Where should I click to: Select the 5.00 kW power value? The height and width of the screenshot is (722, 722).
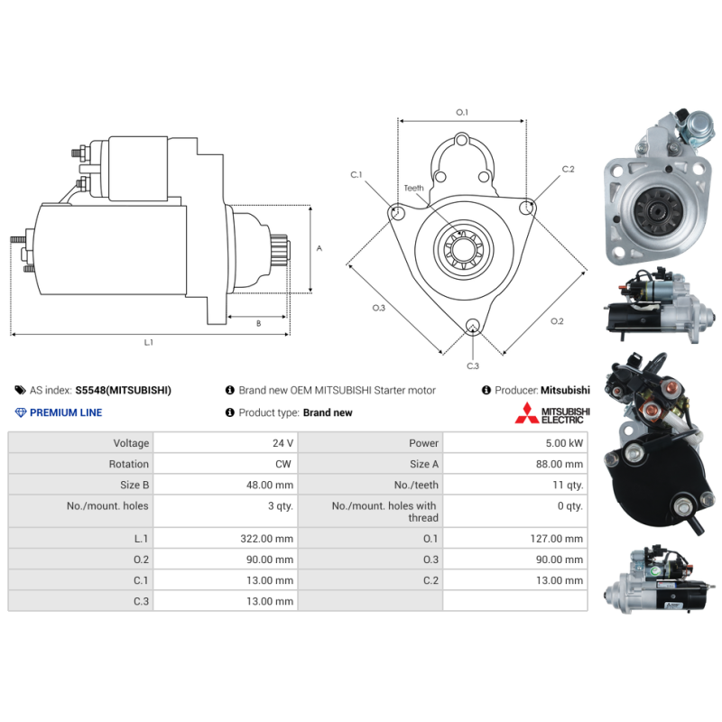point(564,443)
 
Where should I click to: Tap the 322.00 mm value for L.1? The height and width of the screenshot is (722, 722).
point(266,538)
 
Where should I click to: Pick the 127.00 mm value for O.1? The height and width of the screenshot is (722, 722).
point(556,538)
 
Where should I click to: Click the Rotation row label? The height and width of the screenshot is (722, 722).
point(128,464)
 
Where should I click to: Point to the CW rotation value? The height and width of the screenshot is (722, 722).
point(283,464)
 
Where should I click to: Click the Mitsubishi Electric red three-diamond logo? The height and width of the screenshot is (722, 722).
point(527,413)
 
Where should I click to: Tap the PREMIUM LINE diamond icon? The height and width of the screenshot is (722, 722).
point(21,412)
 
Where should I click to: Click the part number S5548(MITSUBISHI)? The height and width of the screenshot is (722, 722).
point(124,391)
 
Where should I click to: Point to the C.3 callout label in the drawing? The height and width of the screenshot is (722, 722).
point(473,366)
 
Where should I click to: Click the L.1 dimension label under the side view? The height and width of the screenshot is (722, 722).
point(148,343)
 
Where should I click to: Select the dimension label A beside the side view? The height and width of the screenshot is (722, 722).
point(319,248)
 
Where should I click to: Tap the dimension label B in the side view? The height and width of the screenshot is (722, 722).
point(258,324)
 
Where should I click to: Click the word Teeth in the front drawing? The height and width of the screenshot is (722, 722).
point(413,188)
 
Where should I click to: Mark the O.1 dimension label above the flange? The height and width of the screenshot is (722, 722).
point(462,112)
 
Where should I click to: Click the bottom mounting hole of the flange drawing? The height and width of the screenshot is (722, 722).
point(472,325)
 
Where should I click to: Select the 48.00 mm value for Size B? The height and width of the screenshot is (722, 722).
point(269,485)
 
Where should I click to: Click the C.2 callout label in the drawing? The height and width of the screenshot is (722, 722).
point(569,170)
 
